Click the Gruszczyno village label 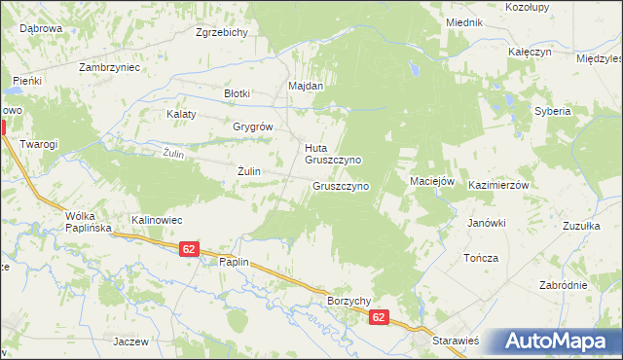(x=340, y=185)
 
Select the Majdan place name (x=305, y=86)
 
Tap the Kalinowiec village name (x=158, y=220)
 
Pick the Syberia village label (x=552, y=111)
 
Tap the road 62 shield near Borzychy (x=379, y=317)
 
